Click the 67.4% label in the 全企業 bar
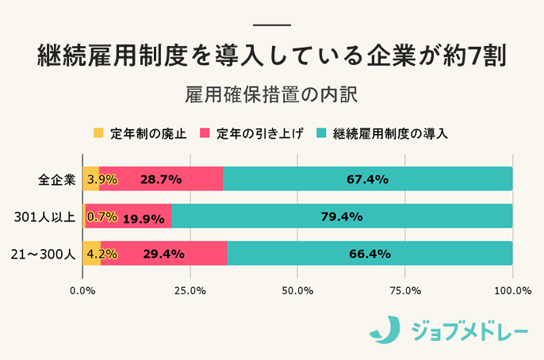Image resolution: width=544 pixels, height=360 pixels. point(367,179)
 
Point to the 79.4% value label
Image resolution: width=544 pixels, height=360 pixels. point(342,216)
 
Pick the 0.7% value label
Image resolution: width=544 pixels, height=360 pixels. point(102,216)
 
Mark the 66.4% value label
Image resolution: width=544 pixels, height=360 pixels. point(370,254)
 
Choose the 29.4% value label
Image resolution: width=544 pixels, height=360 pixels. point(163,254)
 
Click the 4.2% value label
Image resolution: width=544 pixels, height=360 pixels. point(102,254)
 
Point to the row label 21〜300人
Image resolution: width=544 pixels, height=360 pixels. point(44,254)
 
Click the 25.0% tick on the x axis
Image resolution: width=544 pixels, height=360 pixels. point(190,290)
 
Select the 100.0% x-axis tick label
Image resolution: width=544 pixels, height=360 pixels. point(511,290)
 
